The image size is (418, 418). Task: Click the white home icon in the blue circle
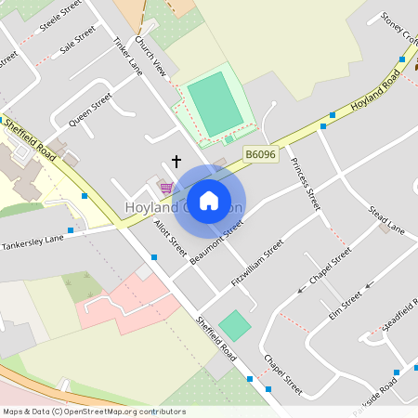(209, 201)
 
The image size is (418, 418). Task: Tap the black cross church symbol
(176, 161)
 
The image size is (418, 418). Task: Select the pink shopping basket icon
(165, 188)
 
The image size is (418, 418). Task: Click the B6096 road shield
(261, 153)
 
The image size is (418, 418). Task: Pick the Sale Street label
(77, 41)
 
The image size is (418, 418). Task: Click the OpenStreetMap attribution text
(95, 411)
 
